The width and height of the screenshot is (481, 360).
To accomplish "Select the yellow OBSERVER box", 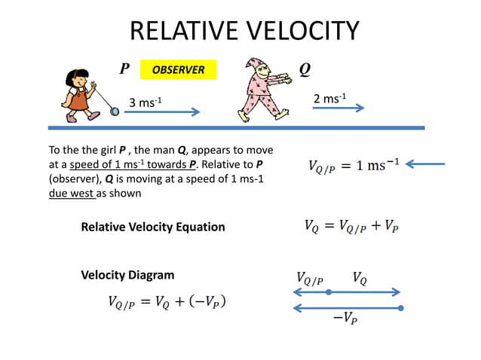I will pos(179,70).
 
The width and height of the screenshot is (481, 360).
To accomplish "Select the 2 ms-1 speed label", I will pos(329,99).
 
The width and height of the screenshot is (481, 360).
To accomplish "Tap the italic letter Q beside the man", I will pos(304,69).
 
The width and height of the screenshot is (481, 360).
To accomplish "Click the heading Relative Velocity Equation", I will pos(153,227).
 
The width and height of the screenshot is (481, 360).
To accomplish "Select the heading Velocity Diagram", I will pos(127,275).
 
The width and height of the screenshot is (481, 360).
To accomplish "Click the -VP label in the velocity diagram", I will pos(345,319).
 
